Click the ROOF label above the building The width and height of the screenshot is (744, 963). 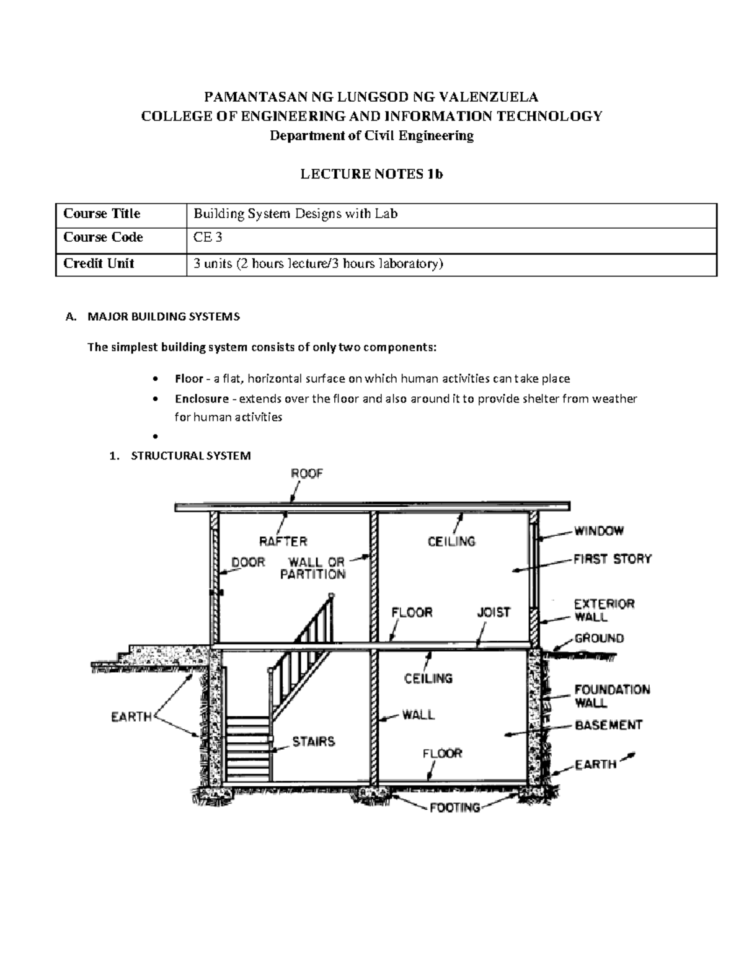point(307,474)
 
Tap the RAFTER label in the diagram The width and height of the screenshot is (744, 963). point(283,541)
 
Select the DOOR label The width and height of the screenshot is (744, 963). point(248,562)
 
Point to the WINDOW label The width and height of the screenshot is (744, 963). point(598,531)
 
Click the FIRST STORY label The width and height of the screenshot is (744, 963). point(612,559)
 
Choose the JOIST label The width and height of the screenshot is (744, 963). point(494,612)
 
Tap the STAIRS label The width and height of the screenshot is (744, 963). point(314,741)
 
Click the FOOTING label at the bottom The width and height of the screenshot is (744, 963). point(455,807)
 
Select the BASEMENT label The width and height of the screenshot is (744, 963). point(608,724)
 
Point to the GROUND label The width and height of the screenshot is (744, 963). point(599,638)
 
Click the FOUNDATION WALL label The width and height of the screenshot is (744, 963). point(611,696)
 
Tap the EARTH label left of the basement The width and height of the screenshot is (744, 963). point(131,717)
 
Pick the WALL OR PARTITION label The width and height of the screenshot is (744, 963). point(312,568)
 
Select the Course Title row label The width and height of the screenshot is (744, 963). point(102,214)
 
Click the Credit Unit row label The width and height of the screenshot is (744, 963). point(99,264)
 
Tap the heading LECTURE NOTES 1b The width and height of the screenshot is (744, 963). point(371,174)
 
